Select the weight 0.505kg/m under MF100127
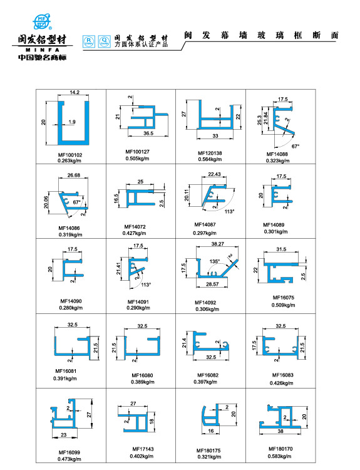[138, 158]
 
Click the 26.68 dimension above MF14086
[73, 175]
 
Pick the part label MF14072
[135, 226]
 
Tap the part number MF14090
[70, 301]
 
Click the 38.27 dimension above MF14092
[217, 244]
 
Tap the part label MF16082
[207, 375]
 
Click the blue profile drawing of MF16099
[66, 415]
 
